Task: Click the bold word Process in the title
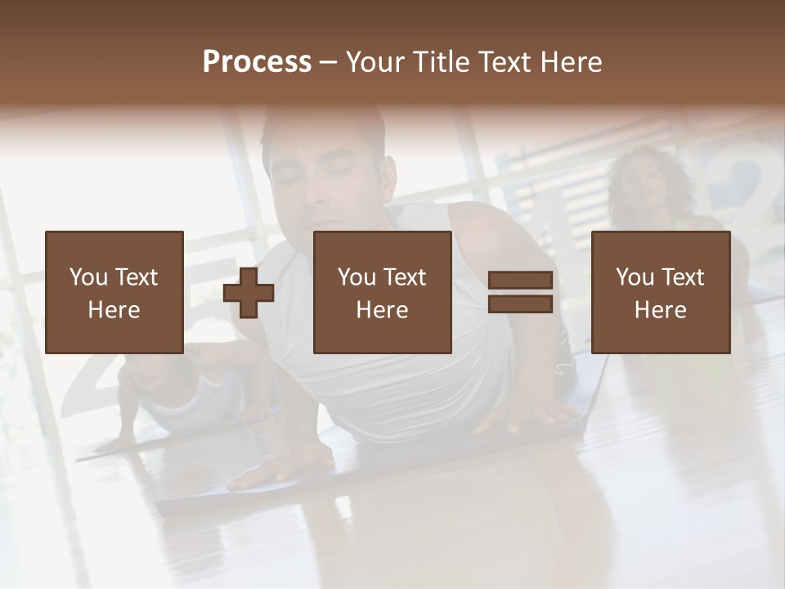point(257,61)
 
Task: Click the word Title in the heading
point(442,61)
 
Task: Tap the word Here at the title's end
point(572,61)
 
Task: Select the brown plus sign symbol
point(249,293)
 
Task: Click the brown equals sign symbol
point(520,292)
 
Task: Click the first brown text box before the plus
point(114,292)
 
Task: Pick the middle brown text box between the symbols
point(382,292)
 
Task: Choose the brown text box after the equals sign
point(660,292)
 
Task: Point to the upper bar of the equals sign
point(520,281)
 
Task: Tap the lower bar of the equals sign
point(520,303)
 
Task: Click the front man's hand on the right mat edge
point(523,417)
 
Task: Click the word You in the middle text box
point(357,277)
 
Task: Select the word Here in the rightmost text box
point(660,310)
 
